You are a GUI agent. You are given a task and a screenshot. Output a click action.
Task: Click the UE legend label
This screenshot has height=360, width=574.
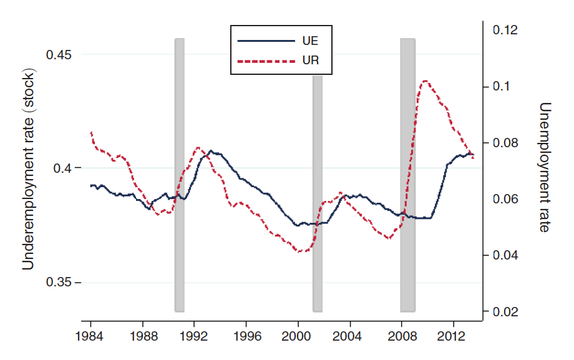pos(310,41)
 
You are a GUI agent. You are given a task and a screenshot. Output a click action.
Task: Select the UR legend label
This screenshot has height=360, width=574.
pos(310,61)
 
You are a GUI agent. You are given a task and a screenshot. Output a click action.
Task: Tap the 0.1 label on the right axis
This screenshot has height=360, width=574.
pos(502,86)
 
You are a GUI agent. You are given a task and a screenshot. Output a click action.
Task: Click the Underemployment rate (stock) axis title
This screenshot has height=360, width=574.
pos(28,168)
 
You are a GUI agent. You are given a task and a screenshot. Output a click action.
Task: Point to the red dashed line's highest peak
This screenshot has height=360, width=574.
pos(425,80)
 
